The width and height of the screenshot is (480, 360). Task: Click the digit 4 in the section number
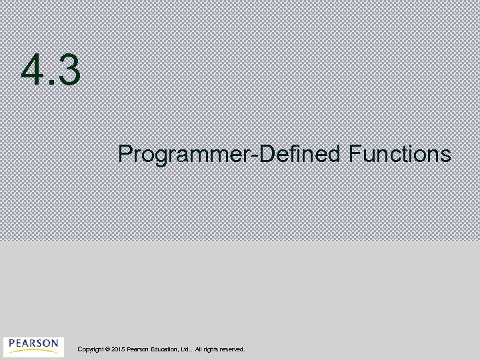(33, 71)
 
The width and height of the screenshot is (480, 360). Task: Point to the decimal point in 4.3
(50, 84)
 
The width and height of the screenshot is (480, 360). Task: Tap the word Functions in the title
(399, 154)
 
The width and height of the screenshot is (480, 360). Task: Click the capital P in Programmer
(125, 154)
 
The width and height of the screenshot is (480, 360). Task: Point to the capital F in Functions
(353, 154)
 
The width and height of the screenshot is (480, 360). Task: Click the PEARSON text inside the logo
(33, 343)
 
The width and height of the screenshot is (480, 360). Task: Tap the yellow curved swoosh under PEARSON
(33, 351)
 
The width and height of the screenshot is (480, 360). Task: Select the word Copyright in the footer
(90, 349)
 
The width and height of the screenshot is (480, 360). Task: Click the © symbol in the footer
(107, 349)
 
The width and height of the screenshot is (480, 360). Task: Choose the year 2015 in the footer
(118, 349)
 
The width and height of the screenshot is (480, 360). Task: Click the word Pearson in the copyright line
(138, 349)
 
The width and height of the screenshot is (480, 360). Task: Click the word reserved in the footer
(233, 349)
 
